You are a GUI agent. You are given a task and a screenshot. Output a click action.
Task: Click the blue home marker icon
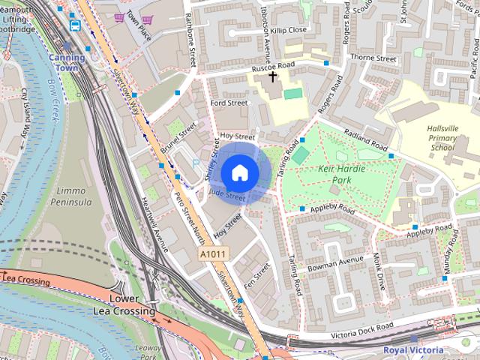(238, 172)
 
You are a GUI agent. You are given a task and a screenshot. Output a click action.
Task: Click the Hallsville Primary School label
(442, 138)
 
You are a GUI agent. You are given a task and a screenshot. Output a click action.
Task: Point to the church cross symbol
(273, 76)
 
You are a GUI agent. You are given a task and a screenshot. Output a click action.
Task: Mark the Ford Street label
(229, 103)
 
